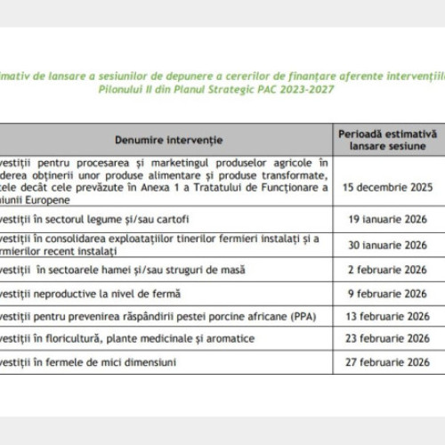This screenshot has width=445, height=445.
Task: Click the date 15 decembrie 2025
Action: [388, 187]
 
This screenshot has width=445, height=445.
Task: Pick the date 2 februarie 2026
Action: [388, 270]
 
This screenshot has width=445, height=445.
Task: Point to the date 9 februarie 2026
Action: [388, 293]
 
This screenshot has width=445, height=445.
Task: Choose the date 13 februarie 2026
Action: [388, 316]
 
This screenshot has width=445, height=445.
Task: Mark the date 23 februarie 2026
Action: [388, 339]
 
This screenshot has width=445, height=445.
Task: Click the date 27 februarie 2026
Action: [388, 362]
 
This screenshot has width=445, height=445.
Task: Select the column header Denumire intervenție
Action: [168, 141]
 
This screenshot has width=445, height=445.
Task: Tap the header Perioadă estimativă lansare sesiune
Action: [387, 140]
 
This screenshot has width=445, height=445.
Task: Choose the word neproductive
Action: [74, 293]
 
